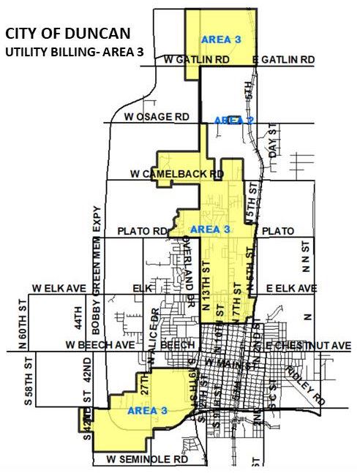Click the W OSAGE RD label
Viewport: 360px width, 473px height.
click(x=156, y=117)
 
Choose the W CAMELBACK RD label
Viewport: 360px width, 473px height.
click(x=176, y=175)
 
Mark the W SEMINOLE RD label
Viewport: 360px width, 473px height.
click(x=147, y=459)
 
